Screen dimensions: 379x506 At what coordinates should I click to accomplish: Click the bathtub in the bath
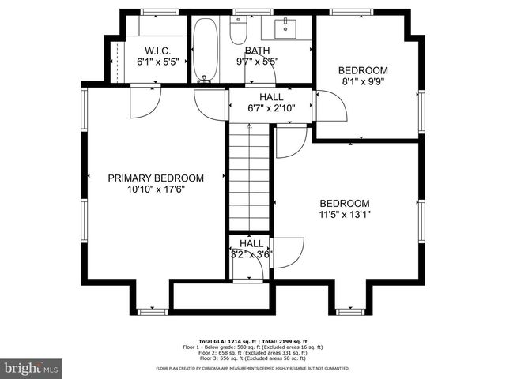(206, 49)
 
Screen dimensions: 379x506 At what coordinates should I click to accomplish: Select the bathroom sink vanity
(285, 30)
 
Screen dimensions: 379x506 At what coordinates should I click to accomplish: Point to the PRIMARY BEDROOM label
(156, 178)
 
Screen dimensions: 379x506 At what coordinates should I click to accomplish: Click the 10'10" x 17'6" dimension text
(156, 189)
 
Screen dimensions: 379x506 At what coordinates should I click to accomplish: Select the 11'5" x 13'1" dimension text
(344, 214)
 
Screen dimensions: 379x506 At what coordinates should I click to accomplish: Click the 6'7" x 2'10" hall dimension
(250, 108)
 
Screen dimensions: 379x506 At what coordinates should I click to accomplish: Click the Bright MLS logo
(32, 368)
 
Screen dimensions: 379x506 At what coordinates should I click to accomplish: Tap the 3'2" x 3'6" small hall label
(251, 254)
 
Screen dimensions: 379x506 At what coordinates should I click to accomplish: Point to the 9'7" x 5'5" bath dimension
(257, 61)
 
